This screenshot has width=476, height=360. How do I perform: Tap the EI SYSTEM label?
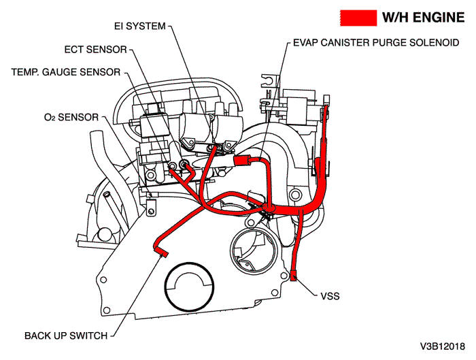tap(140, 27)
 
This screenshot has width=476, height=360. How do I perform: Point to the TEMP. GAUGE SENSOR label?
tap(66, 71)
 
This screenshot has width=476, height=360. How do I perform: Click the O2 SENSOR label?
tap(71, 117)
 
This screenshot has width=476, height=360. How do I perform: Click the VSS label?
tap(328, 296)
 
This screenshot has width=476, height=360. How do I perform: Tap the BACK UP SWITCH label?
tap(65, 336)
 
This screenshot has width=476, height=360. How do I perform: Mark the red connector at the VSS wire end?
tap(294, 276)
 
